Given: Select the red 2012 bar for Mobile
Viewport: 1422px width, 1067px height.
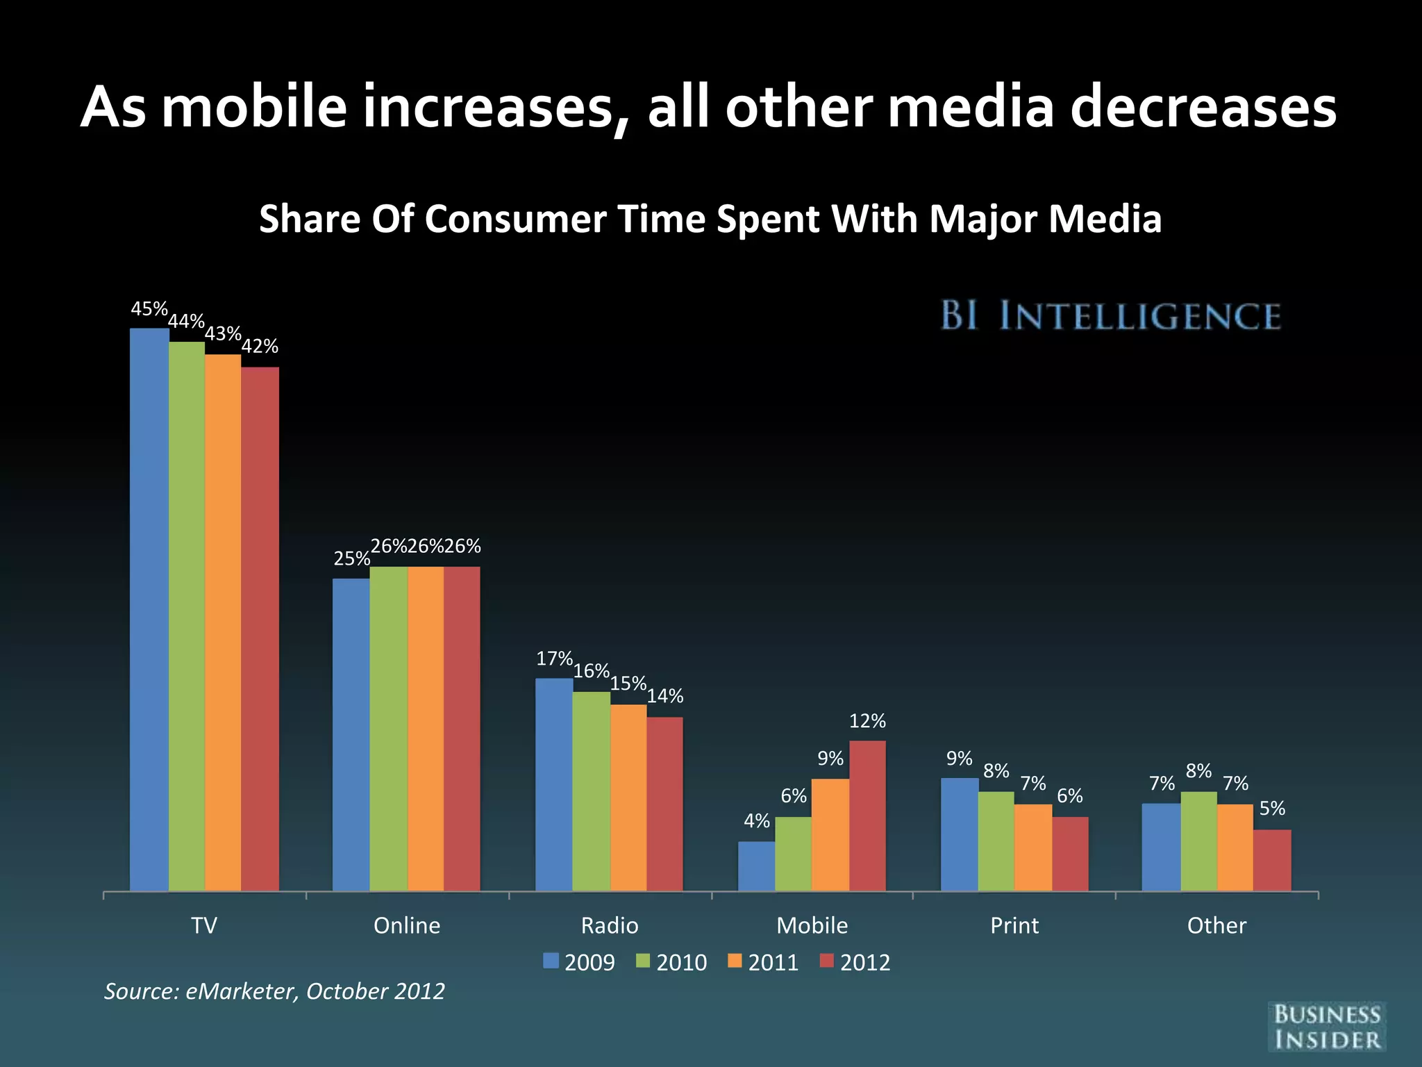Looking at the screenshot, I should [867, 816].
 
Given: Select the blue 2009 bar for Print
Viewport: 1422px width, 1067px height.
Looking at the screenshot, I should [960, 834].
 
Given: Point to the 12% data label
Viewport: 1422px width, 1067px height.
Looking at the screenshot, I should [867, 721].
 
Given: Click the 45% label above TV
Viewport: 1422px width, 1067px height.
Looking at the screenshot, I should [149, 308].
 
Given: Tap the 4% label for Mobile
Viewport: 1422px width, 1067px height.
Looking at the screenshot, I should [757, 821].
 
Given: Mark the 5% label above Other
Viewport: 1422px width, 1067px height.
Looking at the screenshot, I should [1272, 808].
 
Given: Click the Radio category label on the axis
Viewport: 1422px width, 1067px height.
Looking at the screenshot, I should [610, 925].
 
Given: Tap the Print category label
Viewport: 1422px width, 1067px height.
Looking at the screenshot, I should [1014, 925].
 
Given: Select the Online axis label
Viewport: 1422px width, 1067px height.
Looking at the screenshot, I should [407, 925].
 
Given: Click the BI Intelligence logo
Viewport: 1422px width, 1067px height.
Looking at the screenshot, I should [1110, 316].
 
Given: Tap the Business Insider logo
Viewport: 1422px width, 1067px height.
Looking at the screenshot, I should [1327, 1026].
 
